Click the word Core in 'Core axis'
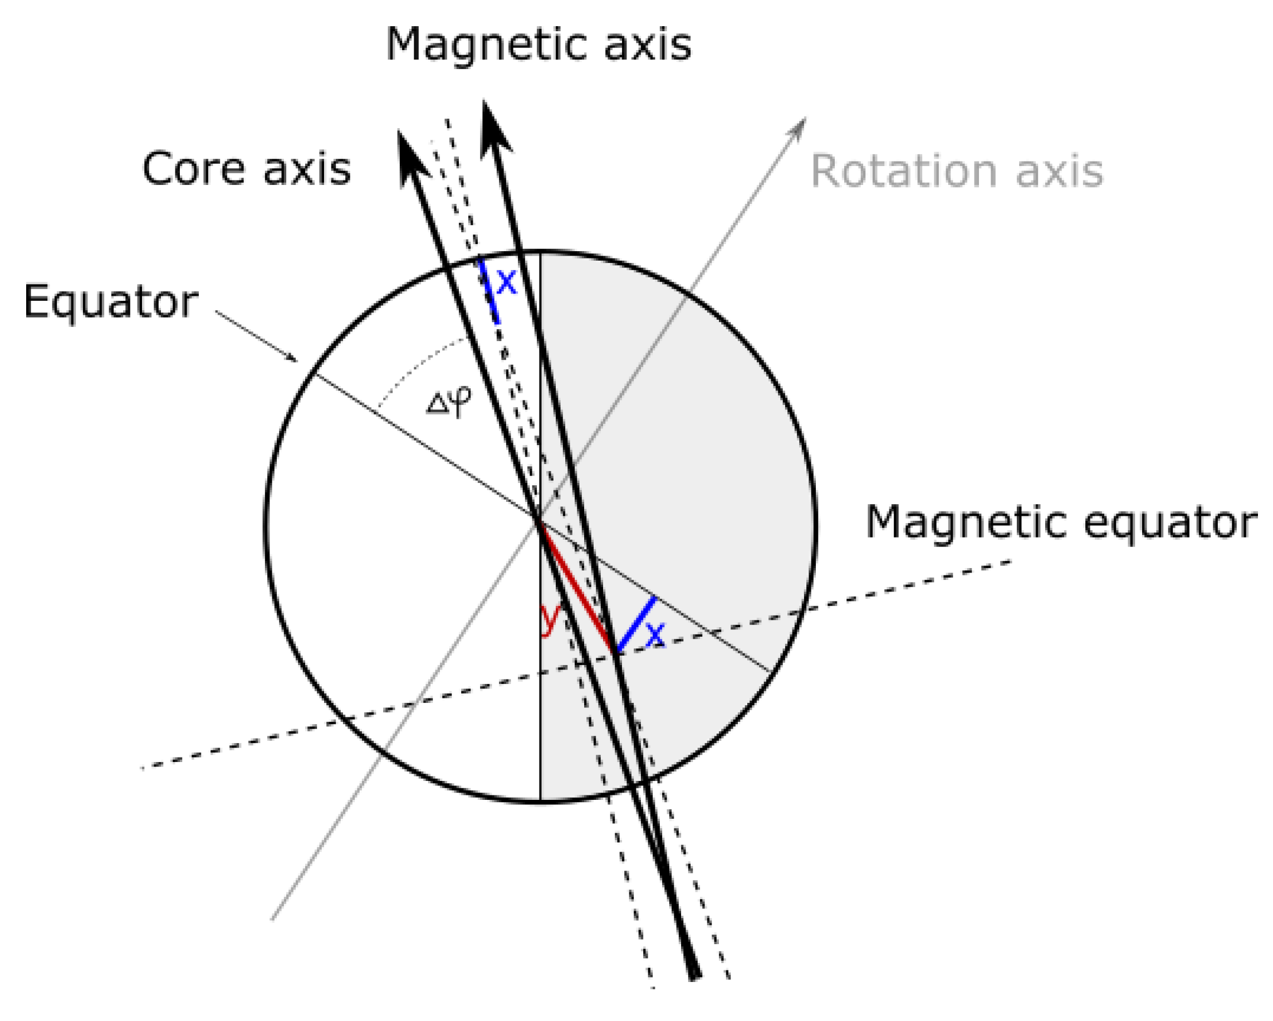pyautogui.click(x=193, y=169)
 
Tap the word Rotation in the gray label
pyautogui.click(x=904, y=171)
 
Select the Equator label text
pyautogui.click(x=111, y=302)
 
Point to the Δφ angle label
pyautogui.click(x=449, y=401)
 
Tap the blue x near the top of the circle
pyautogui.click(x=507, y=282)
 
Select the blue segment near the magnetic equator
pyautogui.click(x=636, y=624)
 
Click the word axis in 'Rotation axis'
pyautogui.click(x=1059, y=171)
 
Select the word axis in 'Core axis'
pyautogui.click(x=306, y=169)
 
